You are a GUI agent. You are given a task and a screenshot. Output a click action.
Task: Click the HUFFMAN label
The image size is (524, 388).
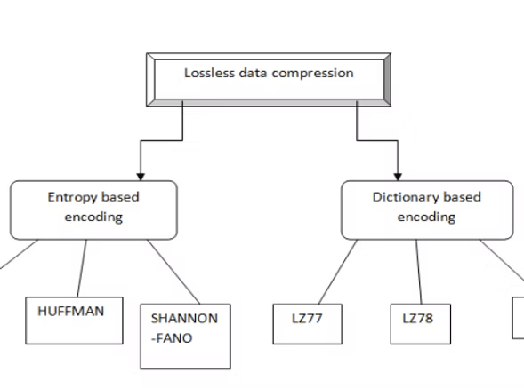click(71, 311)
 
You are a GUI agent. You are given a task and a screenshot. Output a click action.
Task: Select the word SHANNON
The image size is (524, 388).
click(184, 318)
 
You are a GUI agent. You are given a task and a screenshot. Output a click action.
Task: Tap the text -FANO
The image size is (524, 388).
click(172, 338)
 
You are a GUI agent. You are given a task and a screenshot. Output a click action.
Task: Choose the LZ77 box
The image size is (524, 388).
click(308, 324)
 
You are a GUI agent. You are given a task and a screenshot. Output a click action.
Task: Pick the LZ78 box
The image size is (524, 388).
click(421, 324)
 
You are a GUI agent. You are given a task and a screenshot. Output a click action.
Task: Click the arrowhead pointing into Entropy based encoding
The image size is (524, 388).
click(141, 177)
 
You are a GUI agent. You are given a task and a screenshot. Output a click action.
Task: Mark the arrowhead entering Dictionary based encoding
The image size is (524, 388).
click(398, 177)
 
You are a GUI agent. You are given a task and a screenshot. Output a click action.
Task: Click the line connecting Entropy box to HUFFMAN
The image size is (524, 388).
click(82, 268)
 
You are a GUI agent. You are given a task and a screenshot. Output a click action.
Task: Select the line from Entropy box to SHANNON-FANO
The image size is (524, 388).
click(173, 272)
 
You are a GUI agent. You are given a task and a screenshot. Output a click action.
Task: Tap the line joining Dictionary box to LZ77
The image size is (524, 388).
click(338, 272)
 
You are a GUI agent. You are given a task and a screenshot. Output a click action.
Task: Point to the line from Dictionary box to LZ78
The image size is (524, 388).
click(419, 272)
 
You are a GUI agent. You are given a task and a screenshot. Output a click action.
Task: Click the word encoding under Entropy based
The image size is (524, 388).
click(93, 218)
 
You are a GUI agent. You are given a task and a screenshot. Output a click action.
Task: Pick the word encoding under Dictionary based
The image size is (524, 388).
click(426, 218)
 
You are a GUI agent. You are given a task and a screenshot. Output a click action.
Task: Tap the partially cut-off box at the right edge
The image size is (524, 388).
click(519, 318)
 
